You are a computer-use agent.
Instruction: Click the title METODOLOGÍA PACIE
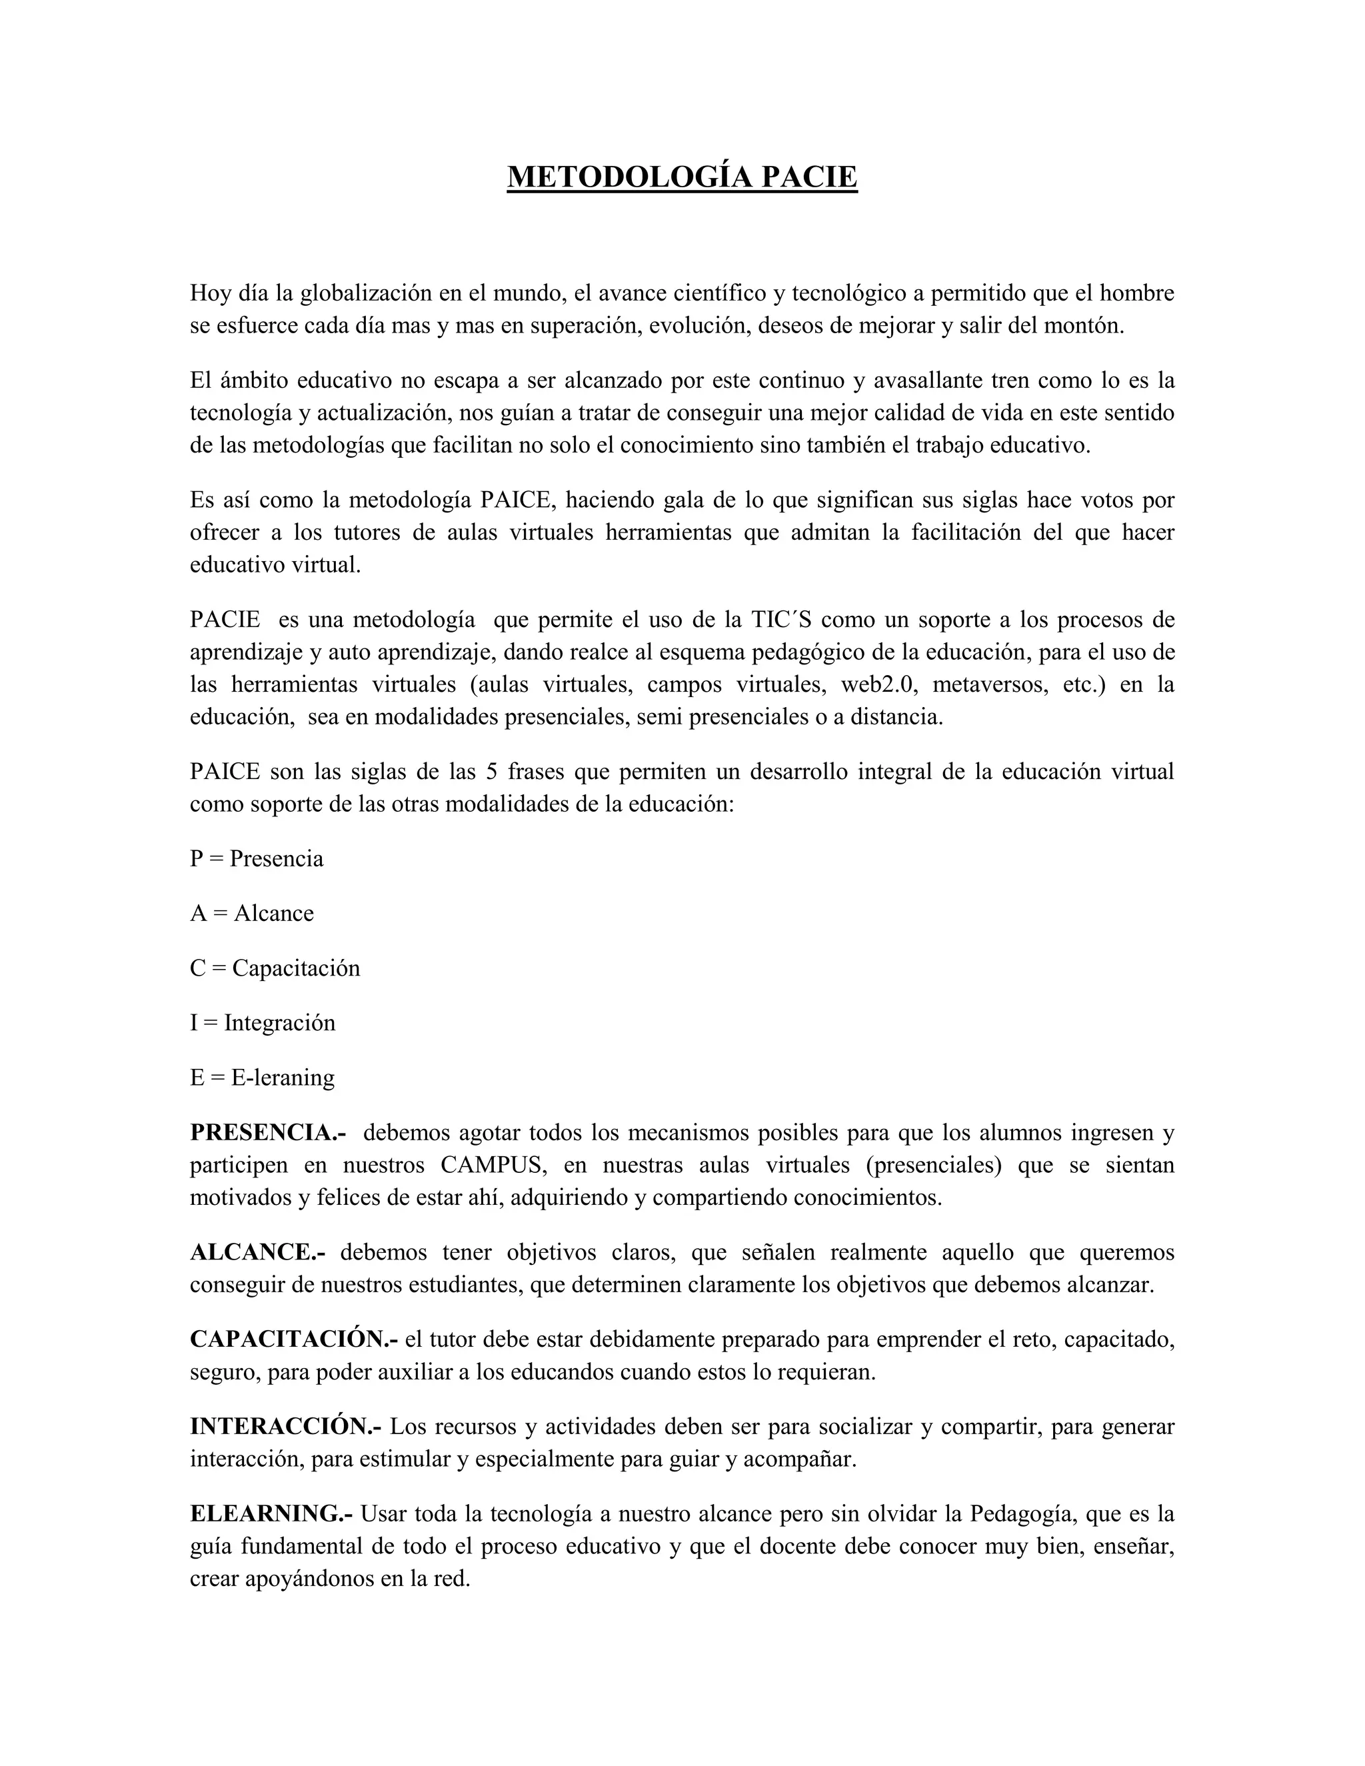click(x=682, y=177)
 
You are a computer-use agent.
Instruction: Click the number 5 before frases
click(x=491, y=772)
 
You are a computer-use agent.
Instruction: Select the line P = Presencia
click(x=257, y=859)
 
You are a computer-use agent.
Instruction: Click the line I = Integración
click(x=262, y=1023)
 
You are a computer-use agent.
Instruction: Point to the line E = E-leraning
click(x=262, y=1078)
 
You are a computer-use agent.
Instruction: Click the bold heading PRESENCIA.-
click(x=269, y=1133)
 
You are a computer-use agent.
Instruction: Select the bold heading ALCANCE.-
click(x=258, y=1253)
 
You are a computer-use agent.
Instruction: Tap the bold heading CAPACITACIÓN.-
click(x=295, y=1340)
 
